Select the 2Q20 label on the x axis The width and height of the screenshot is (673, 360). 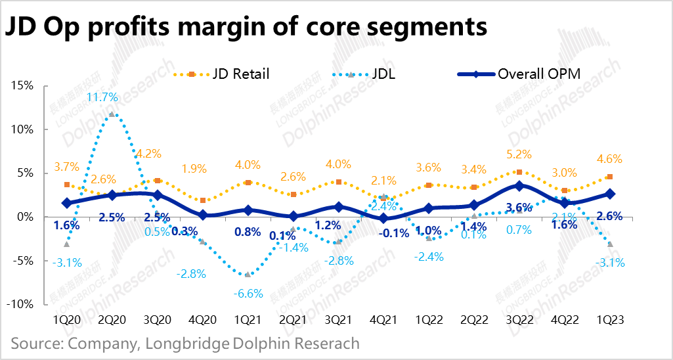tap(112, 320)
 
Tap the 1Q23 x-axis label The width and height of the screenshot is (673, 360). tap(610, 320)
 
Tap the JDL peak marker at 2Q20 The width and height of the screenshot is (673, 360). tap(112, 114)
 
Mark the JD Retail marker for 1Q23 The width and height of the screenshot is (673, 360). tap(610, 177)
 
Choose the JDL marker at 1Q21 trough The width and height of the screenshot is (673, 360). tap(247, 275)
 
